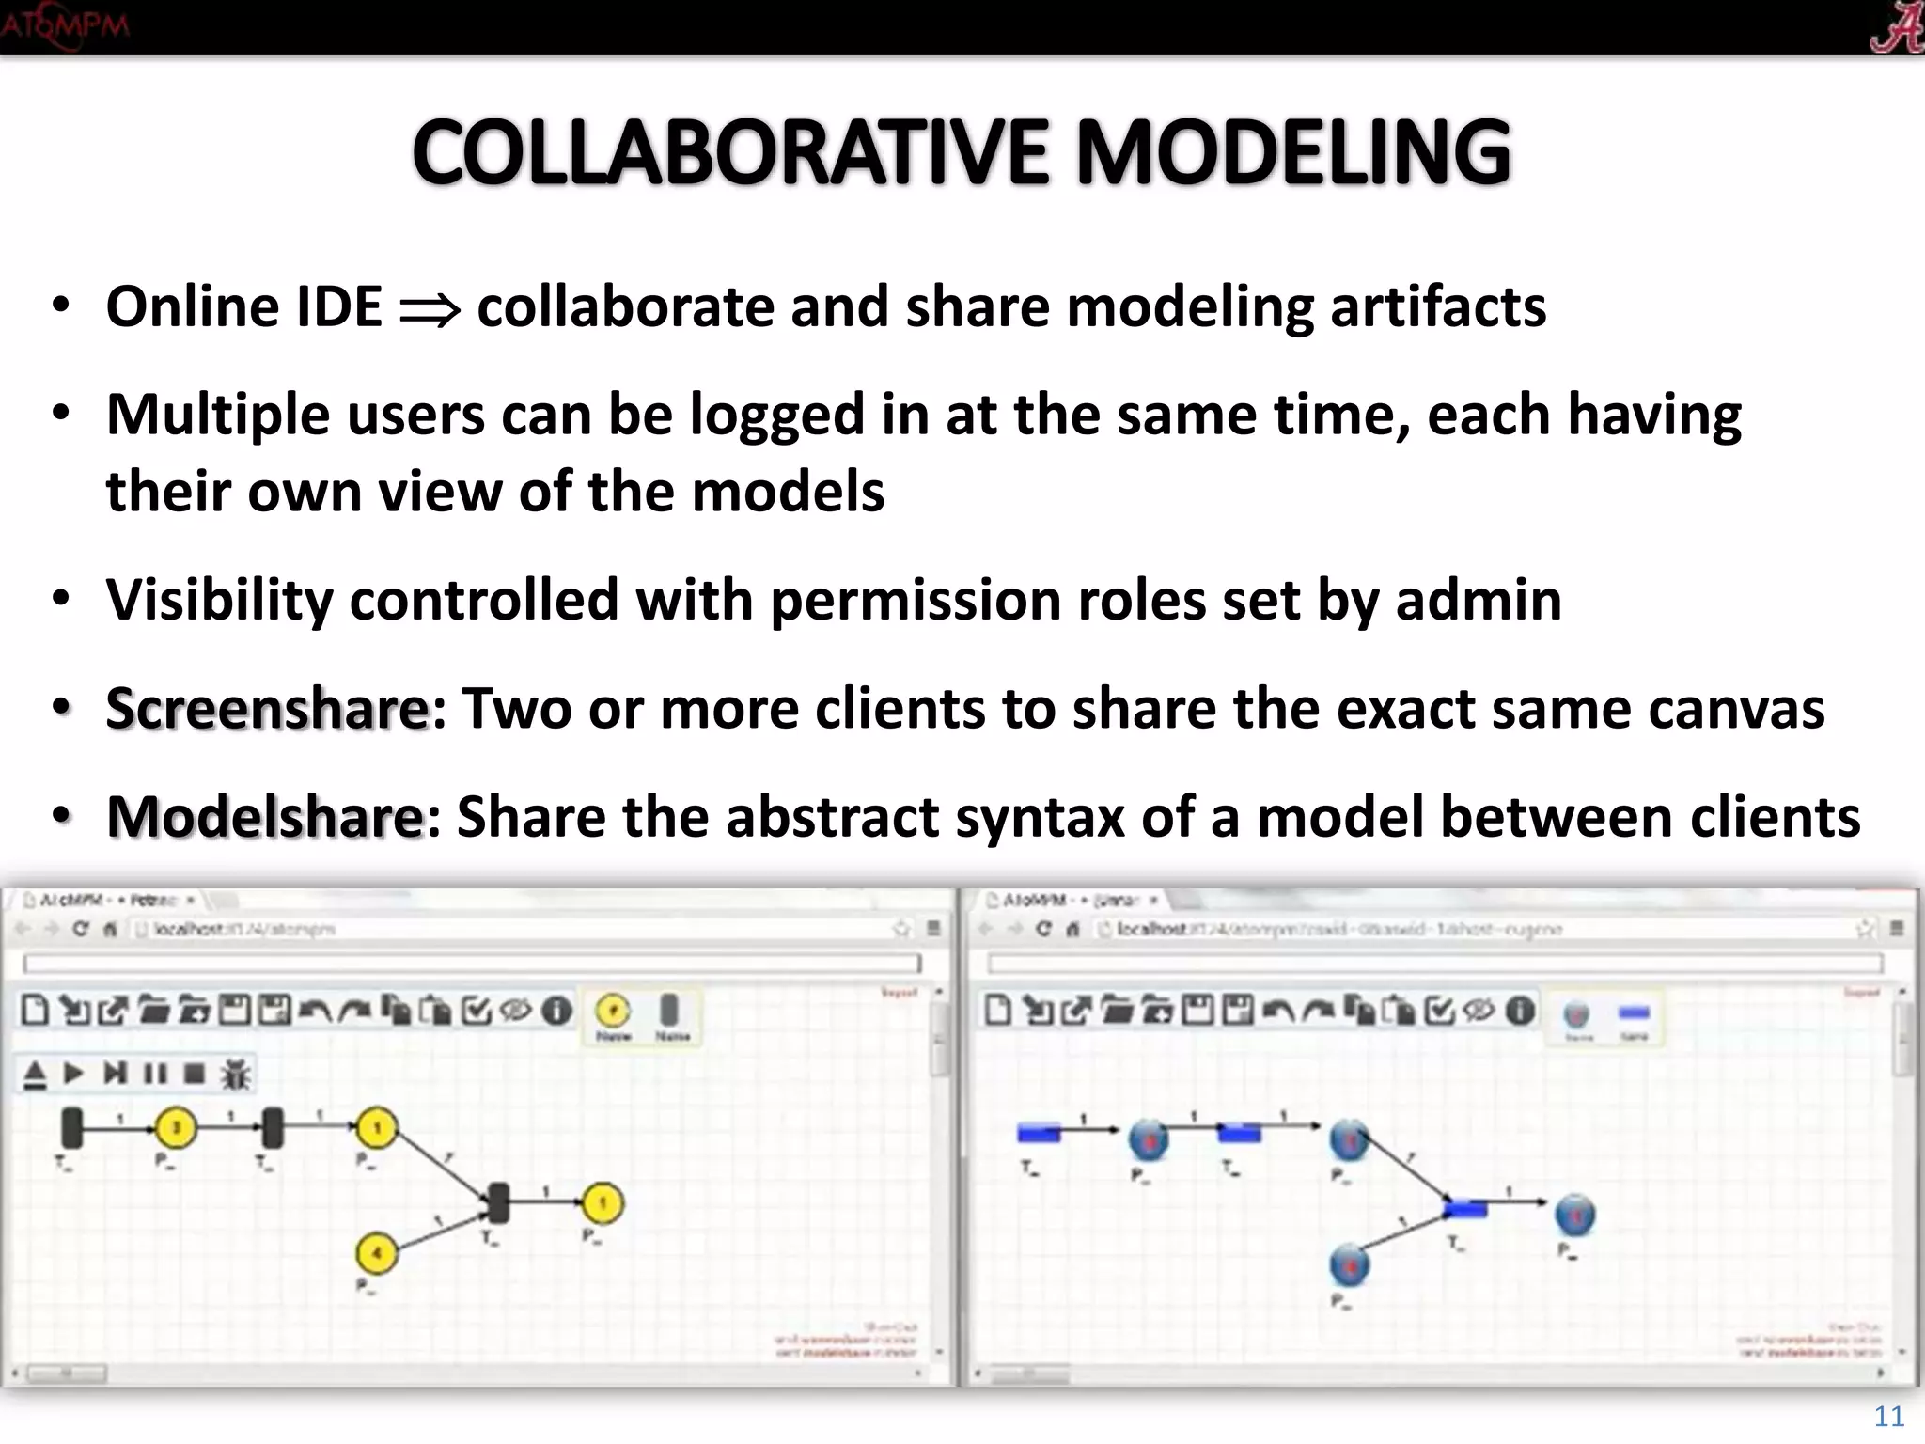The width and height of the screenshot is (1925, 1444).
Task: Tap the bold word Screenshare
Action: [x=268, y=708]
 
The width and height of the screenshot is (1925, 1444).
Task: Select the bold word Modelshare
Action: [x=266, y=816]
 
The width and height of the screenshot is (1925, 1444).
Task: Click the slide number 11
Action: [x=1888, y=1416]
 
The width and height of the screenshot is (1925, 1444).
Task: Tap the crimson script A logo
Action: [x=1895, y=26]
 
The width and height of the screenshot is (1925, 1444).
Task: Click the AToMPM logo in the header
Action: [x=64, y=24]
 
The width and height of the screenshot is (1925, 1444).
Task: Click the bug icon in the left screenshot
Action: [x=235, y=1074]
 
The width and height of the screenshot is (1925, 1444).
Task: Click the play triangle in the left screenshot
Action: [x=73, y=1073]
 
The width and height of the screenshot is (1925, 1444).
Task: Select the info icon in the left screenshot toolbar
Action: [x=557, y=1011]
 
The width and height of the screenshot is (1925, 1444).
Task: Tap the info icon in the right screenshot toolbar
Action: [x=1520, y=1011]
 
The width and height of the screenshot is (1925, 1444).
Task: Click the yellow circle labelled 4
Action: [x=377, y=1252]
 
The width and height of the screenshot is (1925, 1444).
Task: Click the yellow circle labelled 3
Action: [x=176, y=1127]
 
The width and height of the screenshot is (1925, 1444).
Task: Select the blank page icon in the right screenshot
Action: [x=997, y=1011]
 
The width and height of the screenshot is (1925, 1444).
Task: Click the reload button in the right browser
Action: [x=1043, y=929]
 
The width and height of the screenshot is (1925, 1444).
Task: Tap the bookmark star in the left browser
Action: [x=901, y=929]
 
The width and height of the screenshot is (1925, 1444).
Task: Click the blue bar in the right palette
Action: [x=1635, y=1012]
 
